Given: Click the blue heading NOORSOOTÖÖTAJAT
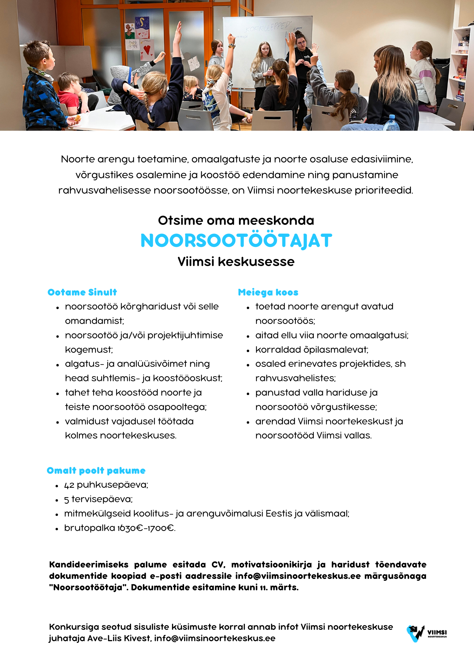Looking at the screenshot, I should [236, 241].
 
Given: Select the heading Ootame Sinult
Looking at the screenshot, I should [82, 292].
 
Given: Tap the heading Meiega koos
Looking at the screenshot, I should [268, 292].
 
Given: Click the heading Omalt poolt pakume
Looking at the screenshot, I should [96, 470].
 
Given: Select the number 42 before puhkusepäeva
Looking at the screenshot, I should [69, 485].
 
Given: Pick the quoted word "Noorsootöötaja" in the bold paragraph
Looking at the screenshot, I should [87, 587].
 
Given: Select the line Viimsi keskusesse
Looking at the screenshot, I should [236, 261].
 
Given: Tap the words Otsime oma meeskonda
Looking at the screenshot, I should [236, 220].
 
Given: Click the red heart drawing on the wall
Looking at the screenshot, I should [147, 49].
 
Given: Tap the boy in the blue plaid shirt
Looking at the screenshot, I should [40, 90].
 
